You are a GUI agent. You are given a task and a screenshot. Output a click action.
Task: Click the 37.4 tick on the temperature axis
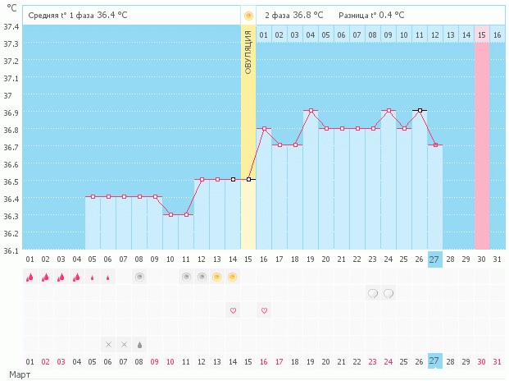tap(11, 27)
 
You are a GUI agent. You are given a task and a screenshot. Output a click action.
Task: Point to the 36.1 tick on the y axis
tap(11, 250)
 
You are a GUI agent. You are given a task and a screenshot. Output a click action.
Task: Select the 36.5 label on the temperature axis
tap(11, 181)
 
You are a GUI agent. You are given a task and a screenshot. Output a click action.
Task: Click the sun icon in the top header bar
tap(248, 15)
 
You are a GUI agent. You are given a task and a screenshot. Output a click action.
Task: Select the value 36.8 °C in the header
tap(307, 15)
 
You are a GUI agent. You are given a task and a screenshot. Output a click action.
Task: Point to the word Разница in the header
tap(356, 15)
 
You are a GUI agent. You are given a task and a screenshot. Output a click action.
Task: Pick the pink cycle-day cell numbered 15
tap(482, 34)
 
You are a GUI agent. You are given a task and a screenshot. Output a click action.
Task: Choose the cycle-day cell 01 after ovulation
tap(264, 34)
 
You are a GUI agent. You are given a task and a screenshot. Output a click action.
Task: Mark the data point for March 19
tap(311, 110)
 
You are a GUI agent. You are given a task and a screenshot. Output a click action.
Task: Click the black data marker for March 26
tap(420, 110)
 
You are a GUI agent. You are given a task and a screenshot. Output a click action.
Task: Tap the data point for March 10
tap(170, 214)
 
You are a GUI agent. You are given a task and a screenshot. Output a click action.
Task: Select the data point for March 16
tap(264, 128)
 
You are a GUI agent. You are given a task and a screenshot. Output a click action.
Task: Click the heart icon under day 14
tap(233, 310)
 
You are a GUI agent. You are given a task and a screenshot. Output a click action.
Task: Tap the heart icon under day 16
tap(264, 310)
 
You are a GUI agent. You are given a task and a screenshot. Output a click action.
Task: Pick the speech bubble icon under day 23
tap(373, 292)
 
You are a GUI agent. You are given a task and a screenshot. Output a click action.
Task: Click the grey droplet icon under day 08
tap(139, 344)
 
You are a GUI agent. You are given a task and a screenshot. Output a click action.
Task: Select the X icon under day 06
tap(108, 344)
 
